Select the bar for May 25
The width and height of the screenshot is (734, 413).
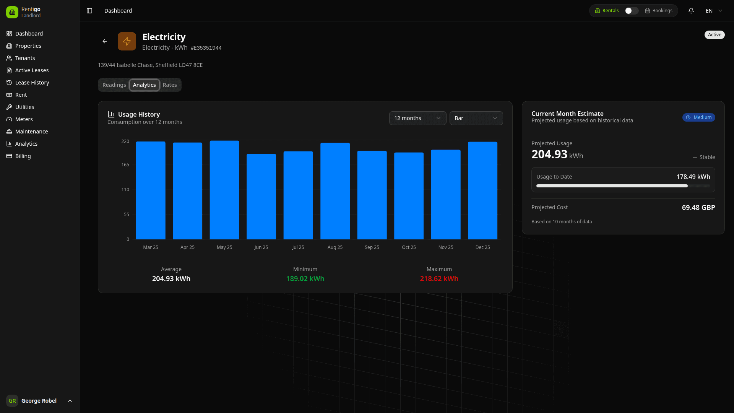224,190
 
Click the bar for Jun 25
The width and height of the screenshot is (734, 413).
261,197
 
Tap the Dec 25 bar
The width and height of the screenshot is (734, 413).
482,190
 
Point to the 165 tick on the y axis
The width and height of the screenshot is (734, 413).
125,165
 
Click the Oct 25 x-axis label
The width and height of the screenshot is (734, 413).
409,247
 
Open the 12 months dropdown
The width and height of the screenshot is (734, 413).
417,118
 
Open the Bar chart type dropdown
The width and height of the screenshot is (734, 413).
476,118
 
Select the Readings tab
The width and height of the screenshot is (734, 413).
114,85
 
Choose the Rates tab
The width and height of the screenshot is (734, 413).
170,85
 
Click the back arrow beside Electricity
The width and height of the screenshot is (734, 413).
105,41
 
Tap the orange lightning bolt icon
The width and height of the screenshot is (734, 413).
127,41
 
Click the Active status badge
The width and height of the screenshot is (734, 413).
714,35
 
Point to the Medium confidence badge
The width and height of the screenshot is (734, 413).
698,117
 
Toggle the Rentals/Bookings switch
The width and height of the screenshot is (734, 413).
631,11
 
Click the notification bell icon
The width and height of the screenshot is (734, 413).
691,11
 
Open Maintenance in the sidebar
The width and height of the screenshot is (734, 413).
31,132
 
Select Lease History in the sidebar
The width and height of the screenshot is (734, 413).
32,83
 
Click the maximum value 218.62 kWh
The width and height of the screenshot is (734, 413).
439,279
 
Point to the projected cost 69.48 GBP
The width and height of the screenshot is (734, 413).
698,208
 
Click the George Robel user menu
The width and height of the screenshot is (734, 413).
39,401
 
